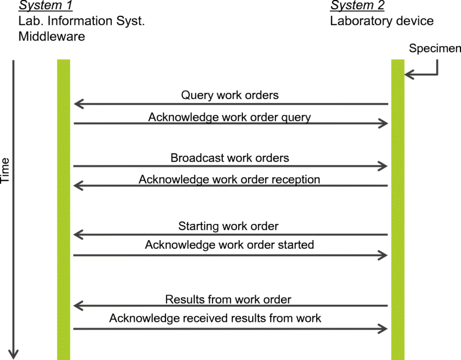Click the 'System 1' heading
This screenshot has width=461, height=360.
point(45,5)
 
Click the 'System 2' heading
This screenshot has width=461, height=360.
point(357,5)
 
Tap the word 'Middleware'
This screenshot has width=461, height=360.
point(52,36)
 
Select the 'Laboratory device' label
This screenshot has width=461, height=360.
point(382,21)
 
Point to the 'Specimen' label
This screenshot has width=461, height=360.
point(435,48)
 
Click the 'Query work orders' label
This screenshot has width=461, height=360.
point(229,95)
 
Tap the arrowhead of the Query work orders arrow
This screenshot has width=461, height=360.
point(79,104)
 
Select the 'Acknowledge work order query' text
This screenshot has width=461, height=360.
point(229,117)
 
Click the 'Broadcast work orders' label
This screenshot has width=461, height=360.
point(229,158)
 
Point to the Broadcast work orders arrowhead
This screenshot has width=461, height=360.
point(382,166)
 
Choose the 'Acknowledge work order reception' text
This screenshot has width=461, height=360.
point(229,179)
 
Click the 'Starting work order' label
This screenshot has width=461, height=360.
point(228,226)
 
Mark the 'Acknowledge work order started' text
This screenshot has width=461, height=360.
point(229,245)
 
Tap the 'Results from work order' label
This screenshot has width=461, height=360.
point(228,299)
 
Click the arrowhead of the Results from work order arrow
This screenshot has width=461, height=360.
point(79,306)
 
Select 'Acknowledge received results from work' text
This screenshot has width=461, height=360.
point(215,318)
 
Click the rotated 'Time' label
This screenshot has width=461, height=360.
point(5,170)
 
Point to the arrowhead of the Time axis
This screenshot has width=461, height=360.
point(13,355)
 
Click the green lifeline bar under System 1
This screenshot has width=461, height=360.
point(63,209)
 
